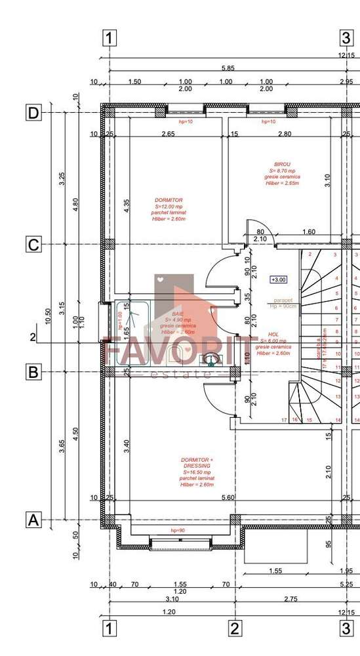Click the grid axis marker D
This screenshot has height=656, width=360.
click(33, 113)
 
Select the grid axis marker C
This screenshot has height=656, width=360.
click(33, 245)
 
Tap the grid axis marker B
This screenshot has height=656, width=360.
click(33, 372)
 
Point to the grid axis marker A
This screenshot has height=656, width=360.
click(33, 520)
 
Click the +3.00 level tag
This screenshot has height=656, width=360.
click(278, 279)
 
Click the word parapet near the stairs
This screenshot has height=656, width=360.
click(283, 300)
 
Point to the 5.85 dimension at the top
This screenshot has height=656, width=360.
click(228, 68)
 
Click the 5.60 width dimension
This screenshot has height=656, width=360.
click(228, 498)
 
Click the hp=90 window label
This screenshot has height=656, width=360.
click(177, 530)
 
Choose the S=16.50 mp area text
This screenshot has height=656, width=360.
click(197, 472)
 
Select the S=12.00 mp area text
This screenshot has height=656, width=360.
click(169, 207)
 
